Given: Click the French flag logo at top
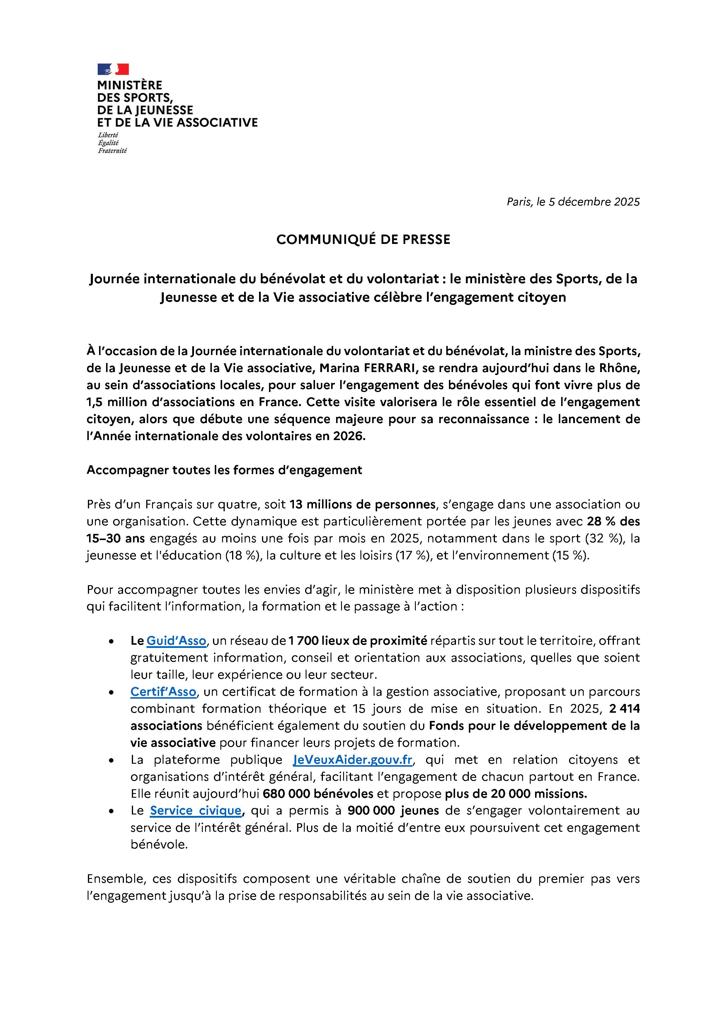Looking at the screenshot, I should pos(113,69).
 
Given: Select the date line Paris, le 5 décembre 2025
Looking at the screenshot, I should pos(573,202).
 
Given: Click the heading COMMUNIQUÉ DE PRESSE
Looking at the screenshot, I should pos(363,240).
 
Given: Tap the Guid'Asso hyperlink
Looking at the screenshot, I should pos(176,641).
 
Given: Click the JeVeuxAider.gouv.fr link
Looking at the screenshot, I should pos(353,760).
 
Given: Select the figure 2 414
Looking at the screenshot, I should pos(624,709).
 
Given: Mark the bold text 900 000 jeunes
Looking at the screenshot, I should pos(393,810).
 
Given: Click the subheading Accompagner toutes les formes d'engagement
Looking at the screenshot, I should pos(224,470).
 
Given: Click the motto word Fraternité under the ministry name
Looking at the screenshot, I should pos(112,151).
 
